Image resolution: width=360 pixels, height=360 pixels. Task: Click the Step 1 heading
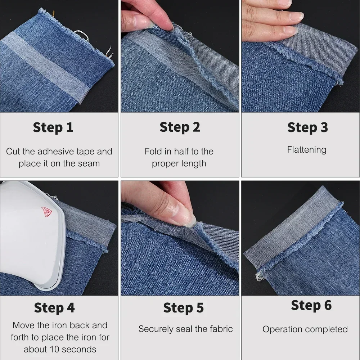coord(53,127)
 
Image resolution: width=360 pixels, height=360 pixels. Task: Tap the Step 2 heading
coord(180,127)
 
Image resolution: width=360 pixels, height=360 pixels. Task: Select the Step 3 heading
coord(307,127)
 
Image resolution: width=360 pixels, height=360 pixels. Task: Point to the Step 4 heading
coord(54,308)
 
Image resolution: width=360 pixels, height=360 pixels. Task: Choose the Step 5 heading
coord(183,308)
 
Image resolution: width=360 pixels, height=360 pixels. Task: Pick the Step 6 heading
coord(311,305)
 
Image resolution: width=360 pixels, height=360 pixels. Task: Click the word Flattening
coord(307,150)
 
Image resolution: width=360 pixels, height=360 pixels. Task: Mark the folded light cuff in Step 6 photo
coord(292,230)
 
